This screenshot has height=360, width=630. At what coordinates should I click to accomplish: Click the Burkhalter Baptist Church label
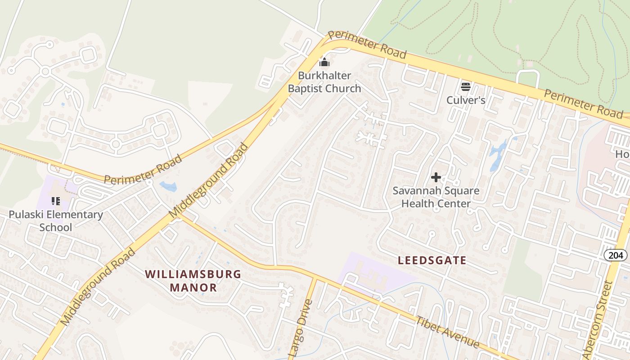pyautogui.click(x=324, y=82)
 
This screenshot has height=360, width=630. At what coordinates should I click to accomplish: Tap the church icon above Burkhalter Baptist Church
pyautogui.click(x=324, y=62)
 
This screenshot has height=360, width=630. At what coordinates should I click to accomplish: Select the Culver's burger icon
pyautogui.click(x=465, y=86)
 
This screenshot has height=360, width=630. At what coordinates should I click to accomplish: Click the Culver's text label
pyautogui.click(x=465, y=100)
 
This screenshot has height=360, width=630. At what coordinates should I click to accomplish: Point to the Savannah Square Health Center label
pyautogui.click(x=436, y=197)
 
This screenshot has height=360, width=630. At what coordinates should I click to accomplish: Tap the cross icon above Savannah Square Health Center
pyautogui.click(x=436, y=177)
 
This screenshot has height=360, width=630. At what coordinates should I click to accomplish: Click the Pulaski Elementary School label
pyautogui.click(x=56, y=220)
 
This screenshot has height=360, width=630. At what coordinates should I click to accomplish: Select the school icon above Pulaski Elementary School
pyautogui.click(x=56, y=201)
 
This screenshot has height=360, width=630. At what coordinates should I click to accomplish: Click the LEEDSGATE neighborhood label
pyautogui.click(x=432, y=260)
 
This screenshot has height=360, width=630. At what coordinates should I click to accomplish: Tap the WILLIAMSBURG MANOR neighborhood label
pyautogui.click(x=193, y=281)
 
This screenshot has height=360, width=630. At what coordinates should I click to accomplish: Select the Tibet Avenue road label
pyautogui.click(x=447, y=332)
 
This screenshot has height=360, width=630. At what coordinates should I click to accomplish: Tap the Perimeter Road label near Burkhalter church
pyautogui.click(x=367, y=45)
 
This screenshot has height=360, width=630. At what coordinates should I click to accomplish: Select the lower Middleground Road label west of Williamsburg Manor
pyautogui.click(x=98, y=286)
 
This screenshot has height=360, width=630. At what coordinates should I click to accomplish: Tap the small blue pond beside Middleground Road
pyautogui.click(x=168, y=186)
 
